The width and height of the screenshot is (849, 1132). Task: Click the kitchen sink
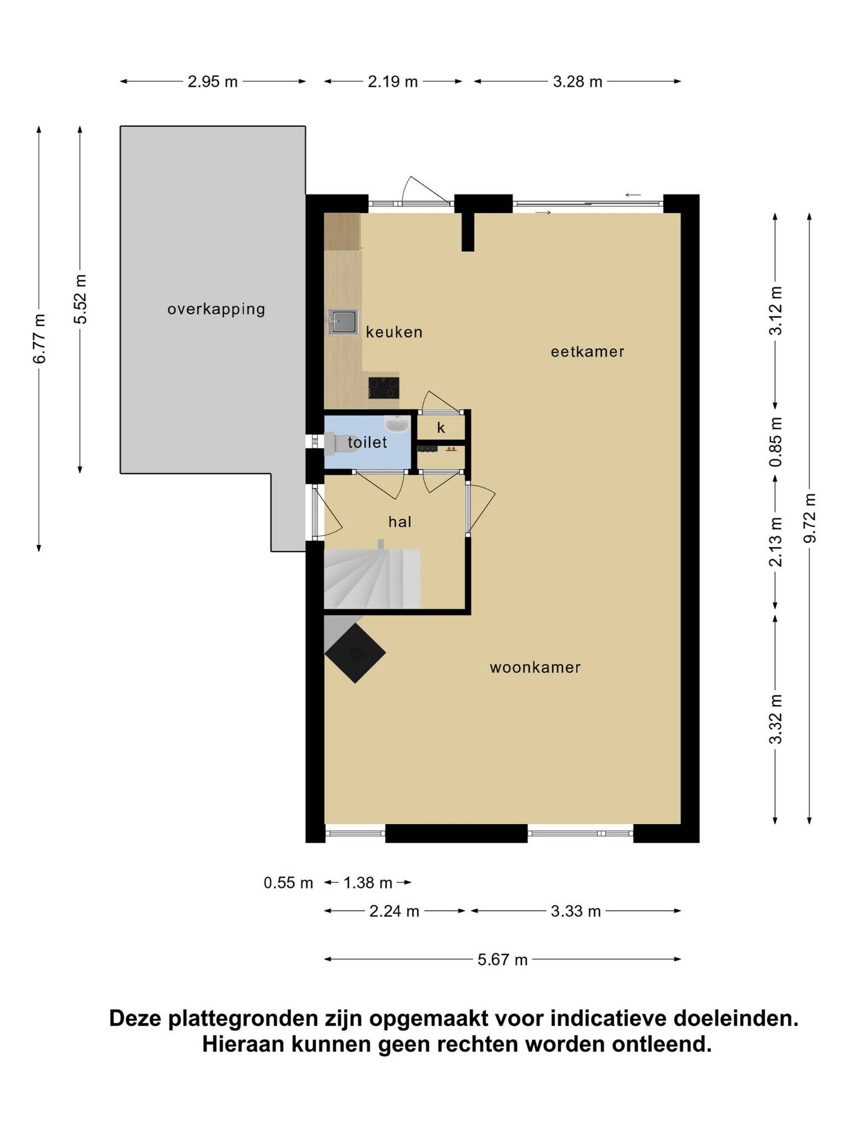point(342,322)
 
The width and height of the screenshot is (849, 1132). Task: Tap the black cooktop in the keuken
point(383,387)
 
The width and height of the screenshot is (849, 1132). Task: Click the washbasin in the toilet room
point(396,423)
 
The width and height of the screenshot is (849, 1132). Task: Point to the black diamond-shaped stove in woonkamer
point(355,653)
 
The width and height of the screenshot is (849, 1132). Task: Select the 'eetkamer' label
point(587,352)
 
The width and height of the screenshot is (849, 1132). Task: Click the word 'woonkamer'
point(535,667)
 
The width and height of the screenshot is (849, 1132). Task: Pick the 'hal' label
point(400,521)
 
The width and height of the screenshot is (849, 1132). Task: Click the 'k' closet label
point(440,428)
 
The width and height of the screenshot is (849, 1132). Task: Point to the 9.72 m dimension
point(809,518)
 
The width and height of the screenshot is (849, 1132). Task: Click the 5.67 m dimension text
point(502,960)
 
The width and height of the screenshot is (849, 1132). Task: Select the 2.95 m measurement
point(212,82)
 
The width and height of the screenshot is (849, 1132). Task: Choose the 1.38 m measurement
point(367,883)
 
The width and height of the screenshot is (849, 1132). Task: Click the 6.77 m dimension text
point(39,339)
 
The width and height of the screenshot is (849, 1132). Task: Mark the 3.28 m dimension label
point(577,82)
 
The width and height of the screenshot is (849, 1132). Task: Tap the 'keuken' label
point(394,332)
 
